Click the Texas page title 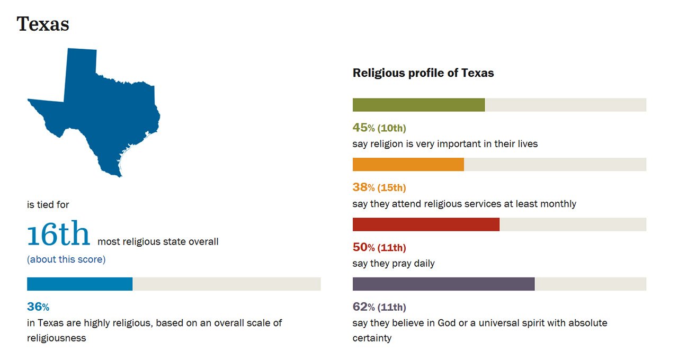pyautogui.click(x=43, y=24)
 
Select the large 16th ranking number pyautogui.click(x=59, y=235)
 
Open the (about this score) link pyautogui.click(x=66, y=259)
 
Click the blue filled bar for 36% pyautogui.click(x=79, y=284)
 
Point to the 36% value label pyautogui.click(x=38, y=307)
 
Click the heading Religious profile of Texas pyautogui.click(x=423, y=73)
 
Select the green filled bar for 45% pyautogui.click(x=418, y=105)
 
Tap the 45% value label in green pyautogui.click(x=363, y=128)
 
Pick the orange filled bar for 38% pyautogui.click(x=408, y=164)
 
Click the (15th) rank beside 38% pyautogui.click(x=391, y=187)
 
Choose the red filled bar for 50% pyautogui.click(x=426, y=224)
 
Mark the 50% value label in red pyautogui.click(x=363, y=247)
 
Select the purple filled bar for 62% pyautogui.click(x=443, y=284)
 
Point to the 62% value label pyautogui.click(x=363, y=307)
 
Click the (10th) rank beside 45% pyautogui.click(x=391, y=128)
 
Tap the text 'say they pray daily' pyautogui.click(x=394, y=264)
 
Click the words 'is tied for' pyautogui.click(x=48, y=204)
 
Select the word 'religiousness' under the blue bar pyautogui.click(x=56, y=338)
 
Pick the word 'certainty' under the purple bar pyautogui.click(x=372, y=338)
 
